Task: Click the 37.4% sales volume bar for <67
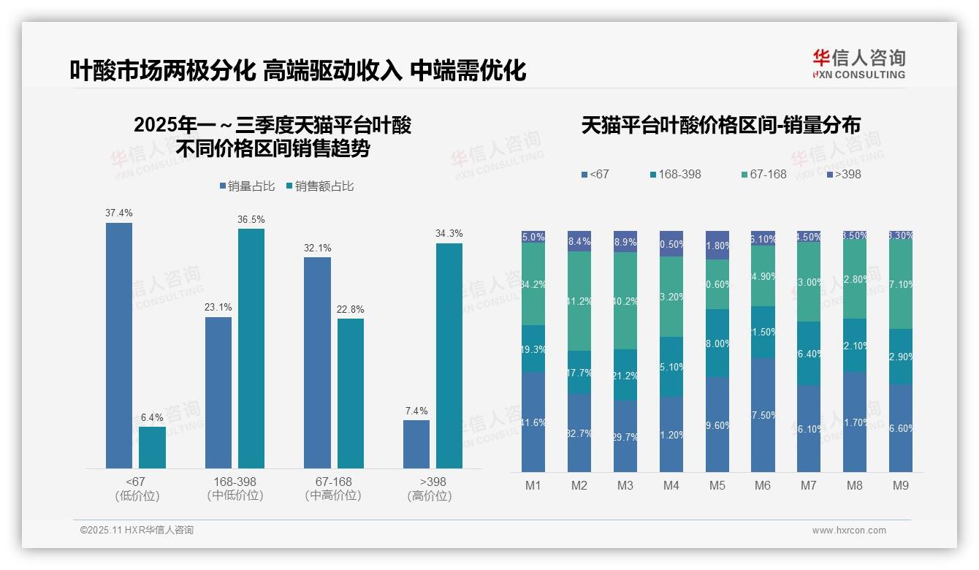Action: (x=119, y=345)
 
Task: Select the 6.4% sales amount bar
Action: (x=152, y=447)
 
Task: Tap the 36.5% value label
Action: (x=251, y=219)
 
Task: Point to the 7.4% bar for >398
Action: (x=416, y=444)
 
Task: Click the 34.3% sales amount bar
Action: (x=449, y=355)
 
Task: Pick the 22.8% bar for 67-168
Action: (x=351, y=393)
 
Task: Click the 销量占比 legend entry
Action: (x=247, y=186)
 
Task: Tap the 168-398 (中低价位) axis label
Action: (x=235, y=488)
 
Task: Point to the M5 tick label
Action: (x=717, y=485)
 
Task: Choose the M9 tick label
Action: (x=900, y=485)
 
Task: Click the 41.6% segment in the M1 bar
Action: (x=533, y=422)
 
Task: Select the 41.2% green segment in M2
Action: (x=579, y=300)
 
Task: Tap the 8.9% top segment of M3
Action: (x=625, y=241)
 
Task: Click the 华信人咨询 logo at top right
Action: (x=858, y=64)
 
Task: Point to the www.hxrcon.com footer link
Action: (x=849, y=531)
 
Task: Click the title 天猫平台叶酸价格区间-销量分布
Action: (x=720, y=125)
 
